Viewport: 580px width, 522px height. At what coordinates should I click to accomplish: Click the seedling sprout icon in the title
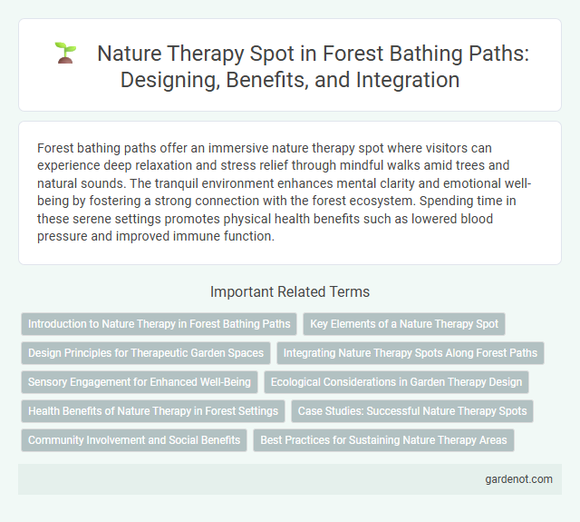pyautogui.click(x=65, y=53)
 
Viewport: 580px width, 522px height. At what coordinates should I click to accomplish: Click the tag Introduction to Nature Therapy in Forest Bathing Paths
pyautogui.click(x=159, y=323)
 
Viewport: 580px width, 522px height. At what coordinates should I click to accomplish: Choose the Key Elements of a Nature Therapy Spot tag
pyautogui.click(x=405, y=323)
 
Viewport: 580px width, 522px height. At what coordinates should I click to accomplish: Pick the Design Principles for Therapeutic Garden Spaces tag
pyautogui.click(x=146, y=352)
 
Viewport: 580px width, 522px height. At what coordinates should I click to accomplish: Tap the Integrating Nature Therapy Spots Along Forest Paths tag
pyautogui.click(x=411, y=352)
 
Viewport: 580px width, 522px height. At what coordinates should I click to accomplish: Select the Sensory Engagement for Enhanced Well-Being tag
pyautogui.click(x=139, y=381)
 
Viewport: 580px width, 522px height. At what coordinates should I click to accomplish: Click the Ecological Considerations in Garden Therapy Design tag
pyautogui.click(x=396, y=381)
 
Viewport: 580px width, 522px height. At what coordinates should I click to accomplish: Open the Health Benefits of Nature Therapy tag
pyautogui.click(x=153, y=411)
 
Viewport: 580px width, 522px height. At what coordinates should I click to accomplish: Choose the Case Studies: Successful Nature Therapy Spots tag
pyautogui.click(x=412, y=411)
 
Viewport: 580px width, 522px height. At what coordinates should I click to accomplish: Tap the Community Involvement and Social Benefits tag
pyautogui.click(x=134, y=440)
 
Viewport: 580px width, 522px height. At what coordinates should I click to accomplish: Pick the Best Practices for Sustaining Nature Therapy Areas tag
pyautogui.click(x=384, y=440)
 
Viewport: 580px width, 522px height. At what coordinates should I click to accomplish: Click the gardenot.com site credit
pyautogui.click(x=517, y=479)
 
